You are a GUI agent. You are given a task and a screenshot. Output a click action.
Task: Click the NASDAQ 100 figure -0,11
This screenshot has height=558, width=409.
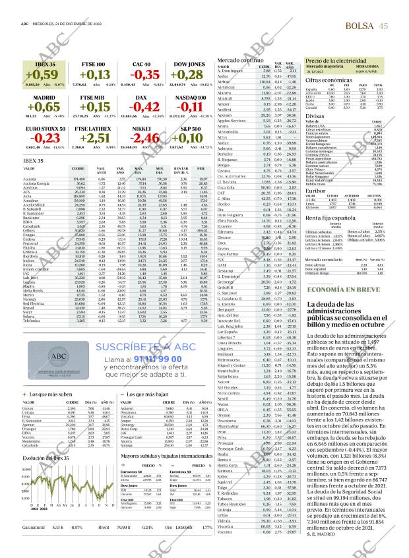(191, 107)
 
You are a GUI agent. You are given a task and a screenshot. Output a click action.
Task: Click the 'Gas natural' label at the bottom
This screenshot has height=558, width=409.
(34, 545)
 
